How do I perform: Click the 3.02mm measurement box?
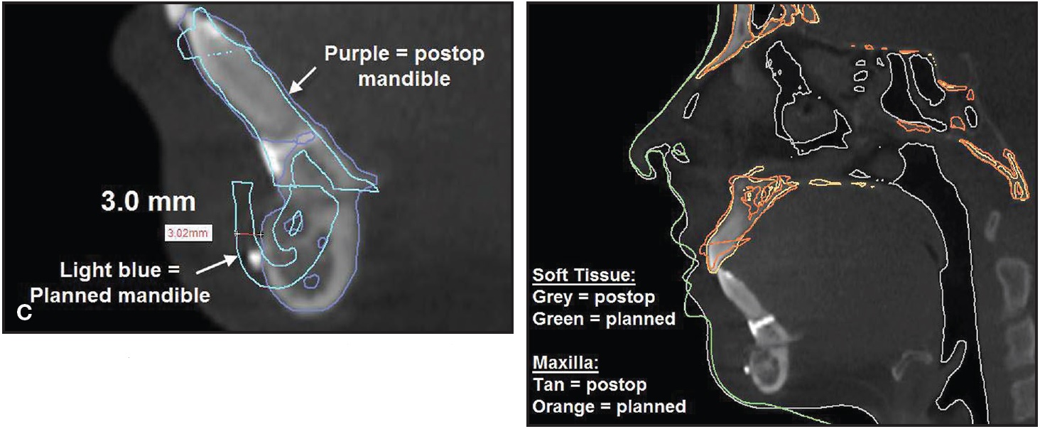click(188, 233)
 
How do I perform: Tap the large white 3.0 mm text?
click(148, 202)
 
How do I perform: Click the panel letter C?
click(24, 313)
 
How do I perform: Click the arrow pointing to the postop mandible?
click(302, 80)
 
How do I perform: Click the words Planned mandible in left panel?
click(120, 295)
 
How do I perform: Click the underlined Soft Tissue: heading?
click(584, 276)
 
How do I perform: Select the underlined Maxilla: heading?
click(565, 362)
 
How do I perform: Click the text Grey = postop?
click(593, 297)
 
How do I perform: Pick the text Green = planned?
click(604, 319)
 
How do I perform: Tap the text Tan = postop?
click(589, 385)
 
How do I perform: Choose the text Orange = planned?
click(609, 407)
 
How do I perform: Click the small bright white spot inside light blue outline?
click(254, 256)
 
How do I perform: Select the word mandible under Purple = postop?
click(404, 79)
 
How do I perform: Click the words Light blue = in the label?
click(120, 270)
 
